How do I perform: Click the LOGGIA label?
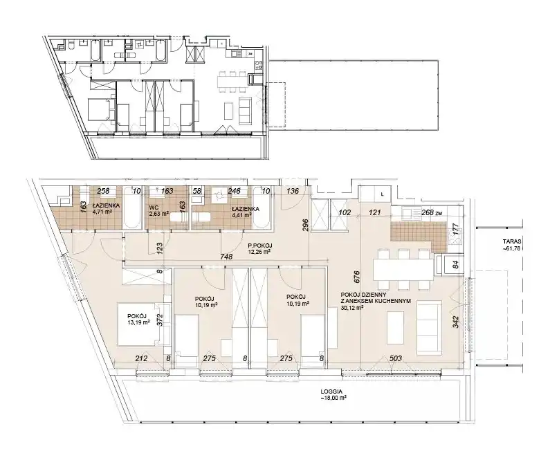pos(331,392)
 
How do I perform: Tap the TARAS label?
pos(511,241)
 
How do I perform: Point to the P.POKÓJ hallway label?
pos(260,246)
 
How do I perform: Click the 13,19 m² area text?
pos(138,322)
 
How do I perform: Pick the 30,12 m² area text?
pos(352,308)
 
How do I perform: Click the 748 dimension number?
pos(227,257)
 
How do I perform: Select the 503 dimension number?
pos(396,358)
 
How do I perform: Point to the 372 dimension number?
pos(161,320)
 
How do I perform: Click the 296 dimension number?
pos(305,226)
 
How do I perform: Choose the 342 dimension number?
pos(456,322)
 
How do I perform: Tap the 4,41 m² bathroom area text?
pos(241,215)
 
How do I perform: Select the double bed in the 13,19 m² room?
pos(137,324)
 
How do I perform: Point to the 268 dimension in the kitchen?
pos(427,212)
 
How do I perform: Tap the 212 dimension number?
pos(141,358)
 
